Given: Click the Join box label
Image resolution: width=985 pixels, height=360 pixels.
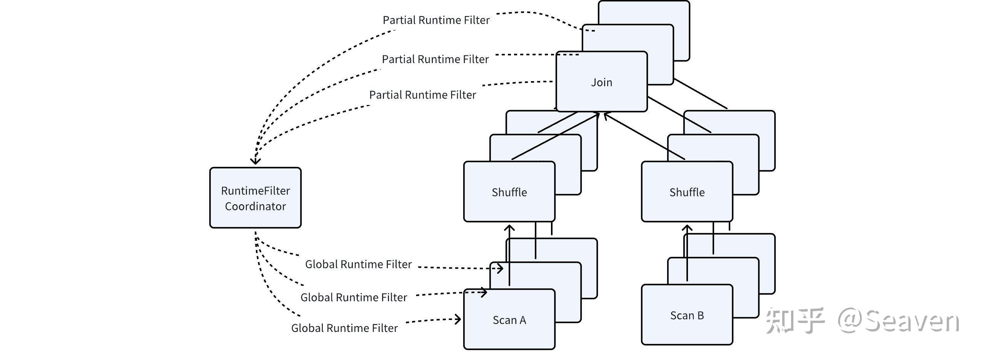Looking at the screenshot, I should [601, 82].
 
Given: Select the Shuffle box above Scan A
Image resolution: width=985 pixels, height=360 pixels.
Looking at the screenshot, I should [509, 192].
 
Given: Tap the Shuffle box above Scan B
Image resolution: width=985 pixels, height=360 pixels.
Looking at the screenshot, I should [687, 192].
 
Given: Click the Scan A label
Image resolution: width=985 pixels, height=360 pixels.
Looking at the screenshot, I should [509, 320].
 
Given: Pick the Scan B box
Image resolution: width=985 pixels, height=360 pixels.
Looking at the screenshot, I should [687, 315].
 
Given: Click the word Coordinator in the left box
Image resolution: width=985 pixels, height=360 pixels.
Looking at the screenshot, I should [255, 207].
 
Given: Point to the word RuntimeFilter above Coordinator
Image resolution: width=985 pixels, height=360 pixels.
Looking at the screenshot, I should [255, 191].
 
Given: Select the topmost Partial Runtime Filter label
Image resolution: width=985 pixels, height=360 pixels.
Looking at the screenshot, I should [436, 20].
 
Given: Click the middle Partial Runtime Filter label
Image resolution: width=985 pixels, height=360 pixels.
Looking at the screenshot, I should [435, 59].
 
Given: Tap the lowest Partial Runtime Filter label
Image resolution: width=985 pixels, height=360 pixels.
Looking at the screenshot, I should [422, 95].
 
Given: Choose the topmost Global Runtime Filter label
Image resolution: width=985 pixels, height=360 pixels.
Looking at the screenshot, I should [358, 264].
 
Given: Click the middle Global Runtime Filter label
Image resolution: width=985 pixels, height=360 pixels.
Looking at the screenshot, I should [354, 297].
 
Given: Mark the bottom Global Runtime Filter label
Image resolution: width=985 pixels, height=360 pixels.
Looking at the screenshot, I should [344, 328].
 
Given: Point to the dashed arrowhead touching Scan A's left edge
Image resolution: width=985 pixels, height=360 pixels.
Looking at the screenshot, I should [458, 319].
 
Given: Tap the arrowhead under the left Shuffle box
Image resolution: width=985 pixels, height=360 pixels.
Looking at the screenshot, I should [509, 228].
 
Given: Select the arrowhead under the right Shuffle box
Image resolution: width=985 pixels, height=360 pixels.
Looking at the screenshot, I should [687, 228].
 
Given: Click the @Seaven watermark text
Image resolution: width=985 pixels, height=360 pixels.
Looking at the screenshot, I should [898, 321].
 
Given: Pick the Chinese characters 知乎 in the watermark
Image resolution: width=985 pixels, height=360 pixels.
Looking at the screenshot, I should [795, 320].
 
